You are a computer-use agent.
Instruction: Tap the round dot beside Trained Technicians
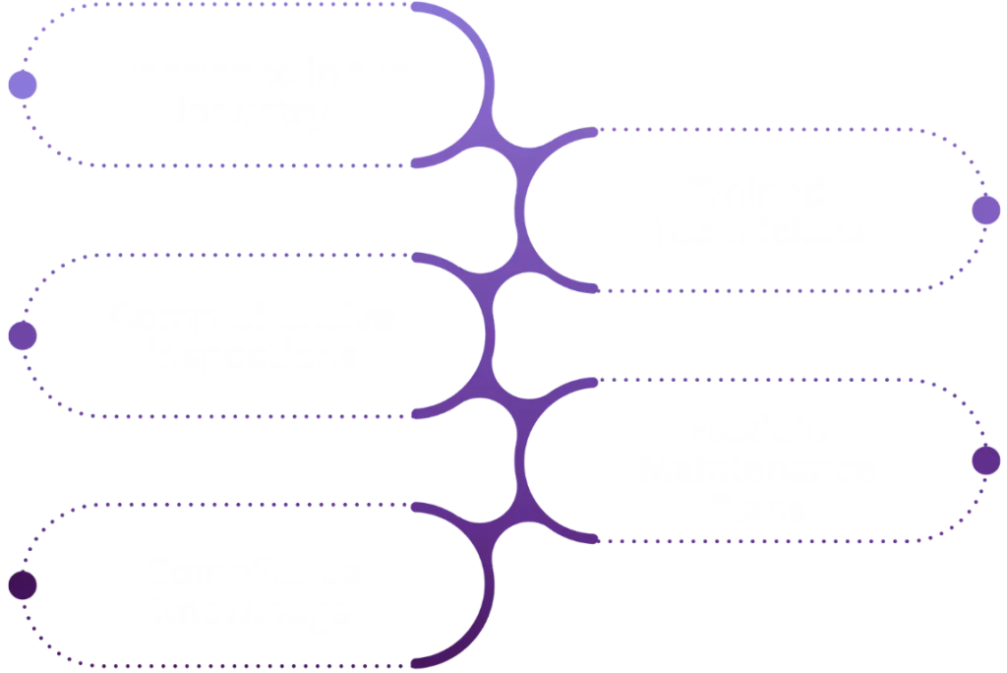[984, 211]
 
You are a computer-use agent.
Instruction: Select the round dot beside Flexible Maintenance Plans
[984, 460]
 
